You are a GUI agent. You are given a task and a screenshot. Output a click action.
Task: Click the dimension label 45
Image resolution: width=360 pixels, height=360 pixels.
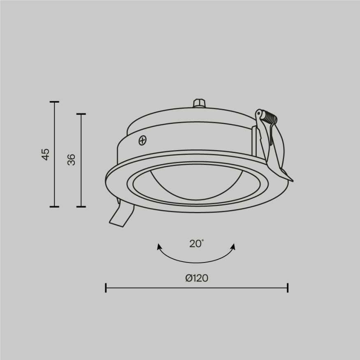click(46, 154)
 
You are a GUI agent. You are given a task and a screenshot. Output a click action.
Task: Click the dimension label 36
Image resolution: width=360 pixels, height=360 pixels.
click(72, 160)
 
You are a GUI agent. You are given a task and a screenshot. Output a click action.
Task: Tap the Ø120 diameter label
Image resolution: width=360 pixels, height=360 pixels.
click(196, 278)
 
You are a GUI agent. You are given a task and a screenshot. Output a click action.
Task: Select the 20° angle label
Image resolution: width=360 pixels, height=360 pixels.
click(196, 244)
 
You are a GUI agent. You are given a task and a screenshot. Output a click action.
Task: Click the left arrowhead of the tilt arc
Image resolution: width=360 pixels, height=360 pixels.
click(159, 246)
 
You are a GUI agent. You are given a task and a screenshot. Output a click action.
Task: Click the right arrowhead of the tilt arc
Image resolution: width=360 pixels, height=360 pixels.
click(234, 246)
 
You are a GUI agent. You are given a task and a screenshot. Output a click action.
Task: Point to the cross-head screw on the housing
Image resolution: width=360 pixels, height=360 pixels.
click(142, 141)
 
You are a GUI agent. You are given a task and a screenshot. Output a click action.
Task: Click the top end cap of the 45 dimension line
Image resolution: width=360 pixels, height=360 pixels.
click(54, 102)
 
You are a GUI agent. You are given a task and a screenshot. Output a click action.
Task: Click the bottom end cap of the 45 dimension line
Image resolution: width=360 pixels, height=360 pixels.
click(54, 206)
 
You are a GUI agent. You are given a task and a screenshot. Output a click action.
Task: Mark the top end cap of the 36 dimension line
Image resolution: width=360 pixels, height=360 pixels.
click(81, 114)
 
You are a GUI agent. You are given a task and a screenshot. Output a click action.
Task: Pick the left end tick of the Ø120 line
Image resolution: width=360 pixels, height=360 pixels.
click(106, 288)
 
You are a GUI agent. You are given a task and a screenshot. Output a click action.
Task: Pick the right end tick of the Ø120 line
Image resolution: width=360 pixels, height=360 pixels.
click(287, 288)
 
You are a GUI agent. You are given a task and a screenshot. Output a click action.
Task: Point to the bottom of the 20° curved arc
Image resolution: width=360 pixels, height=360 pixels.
click(196, 262)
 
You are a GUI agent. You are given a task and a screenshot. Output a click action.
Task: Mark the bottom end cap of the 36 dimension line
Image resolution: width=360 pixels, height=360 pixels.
click(81, 206)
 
